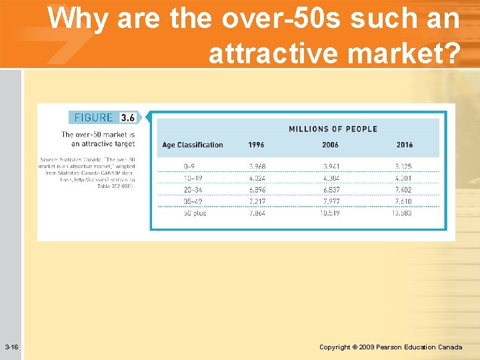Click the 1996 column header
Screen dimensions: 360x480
point(256,145)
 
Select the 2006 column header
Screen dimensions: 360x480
point(330,145)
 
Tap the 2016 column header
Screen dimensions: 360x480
point(405,145)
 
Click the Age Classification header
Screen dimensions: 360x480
point(193,145)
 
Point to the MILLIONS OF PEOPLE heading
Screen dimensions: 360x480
point(333,129)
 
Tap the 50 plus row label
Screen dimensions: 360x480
point(195,213)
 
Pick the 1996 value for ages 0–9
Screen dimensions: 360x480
point(257,166)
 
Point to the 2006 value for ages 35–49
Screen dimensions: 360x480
point(330,201)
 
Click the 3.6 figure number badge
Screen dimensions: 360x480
point(127,117)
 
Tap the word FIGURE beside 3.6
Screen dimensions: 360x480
point(94,117)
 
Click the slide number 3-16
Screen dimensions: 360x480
point(11,347)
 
